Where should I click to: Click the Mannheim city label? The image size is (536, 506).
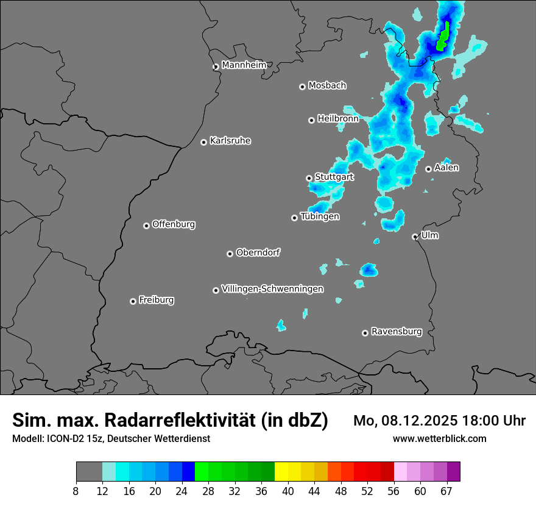tap(244, 65)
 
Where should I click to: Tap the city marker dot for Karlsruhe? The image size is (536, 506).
tap(204, 142)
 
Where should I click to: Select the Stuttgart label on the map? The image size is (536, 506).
tap(334, 177)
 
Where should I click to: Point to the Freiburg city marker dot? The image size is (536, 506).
tap(133, 301)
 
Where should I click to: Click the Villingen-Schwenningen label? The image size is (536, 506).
tap(272, 289)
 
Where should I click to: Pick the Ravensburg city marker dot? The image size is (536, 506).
tap(365, 333)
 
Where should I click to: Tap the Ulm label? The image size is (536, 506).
tap(429, 235)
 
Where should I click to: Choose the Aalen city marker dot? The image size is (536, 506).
tap(428, 169)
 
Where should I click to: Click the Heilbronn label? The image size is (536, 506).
tap(338, 119)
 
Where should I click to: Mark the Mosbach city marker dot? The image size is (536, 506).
tap(302, 87)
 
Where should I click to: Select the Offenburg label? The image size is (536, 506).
tap(174, 224)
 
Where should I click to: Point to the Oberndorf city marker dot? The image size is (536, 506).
tap(230, 254)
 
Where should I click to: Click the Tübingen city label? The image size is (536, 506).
tap(320, 216)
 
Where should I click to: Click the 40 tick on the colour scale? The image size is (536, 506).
tap(288, 491)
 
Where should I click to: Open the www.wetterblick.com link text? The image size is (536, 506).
tap(439, 439)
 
